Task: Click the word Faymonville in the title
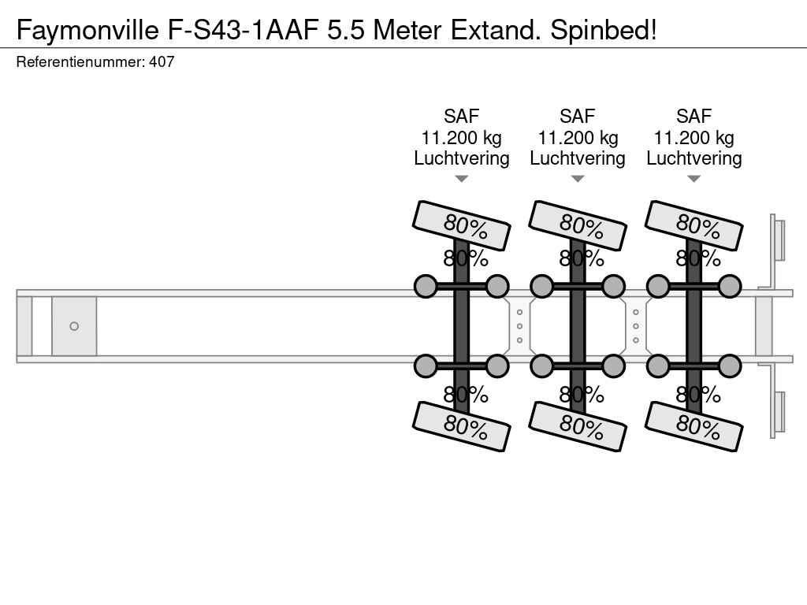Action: (x=87, y=30)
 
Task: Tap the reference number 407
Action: (x=162, y=61)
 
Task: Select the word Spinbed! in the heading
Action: (x=604, y=30)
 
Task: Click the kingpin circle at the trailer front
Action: (x=74, y=326)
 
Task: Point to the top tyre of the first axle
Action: (x=462, y=225)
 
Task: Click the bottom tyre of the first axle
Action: (x=462, y=426)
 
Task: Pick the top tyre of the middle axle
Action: (x=578, y=225)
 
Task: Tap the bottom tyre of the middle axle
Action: (x=578, y=426)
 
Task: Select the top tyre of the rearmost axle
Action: (x=694, y=225)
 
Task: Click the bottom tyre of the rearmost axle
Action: (x=694, y=426)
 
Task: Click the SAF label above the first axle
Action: (x=462, y=117)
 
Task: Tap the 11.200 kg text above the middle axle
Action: (x=578, y=137)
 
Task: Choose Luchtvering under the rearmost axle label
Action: (x=694, y=158)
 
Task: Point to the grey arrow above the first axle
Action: (x=462, y=179)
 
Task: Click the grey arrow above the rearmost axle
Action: (x=694, y=179)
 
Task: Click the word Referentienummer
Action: (x=80, y=61)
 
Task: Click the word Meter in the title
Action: (x=407, y=30)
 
